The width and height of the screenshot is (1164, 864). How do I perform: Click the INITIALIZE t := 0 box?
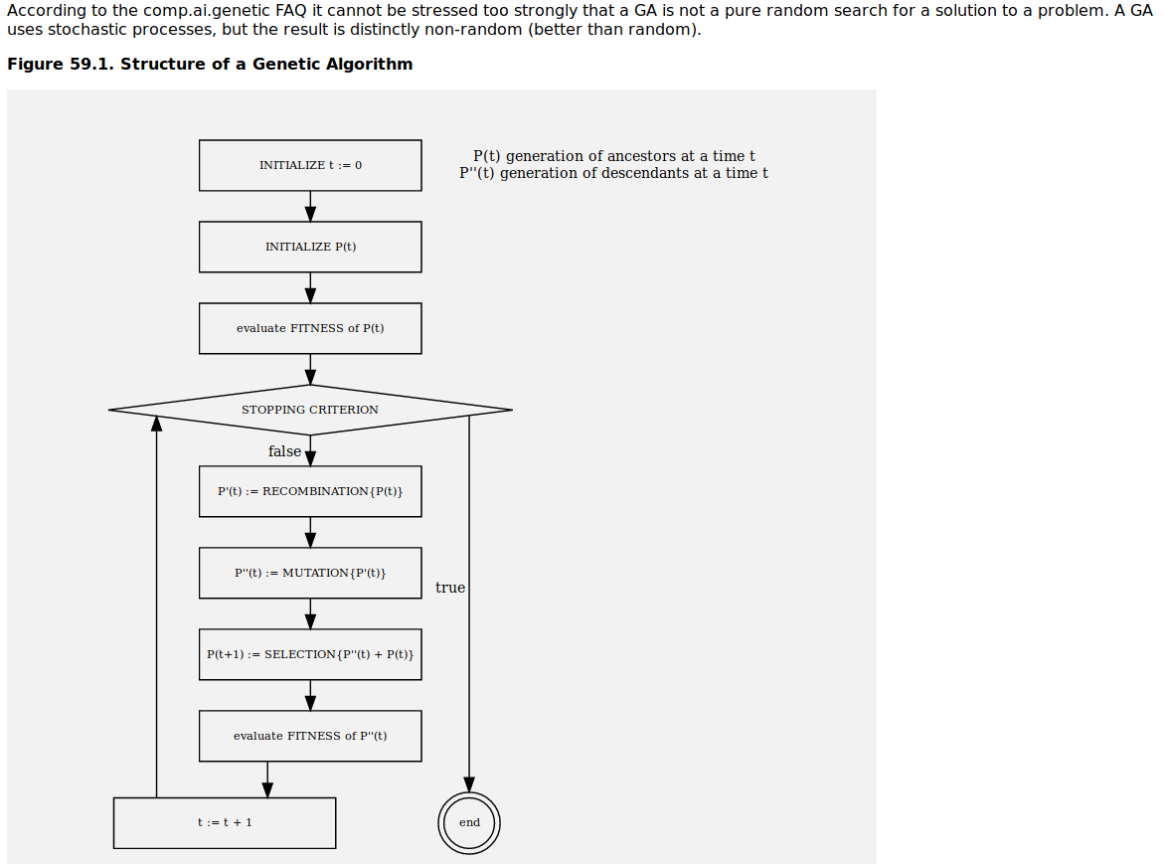[x=310, y=165]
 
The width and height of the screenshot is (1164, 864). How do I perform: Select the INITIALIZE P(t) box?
[x=310, y=247]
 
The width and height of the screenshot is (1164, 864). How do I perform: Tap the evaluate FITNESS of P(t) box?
[x=310, y=328]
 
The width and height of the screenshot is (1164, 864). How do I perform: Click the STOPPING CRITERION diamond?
[x=310, y=410]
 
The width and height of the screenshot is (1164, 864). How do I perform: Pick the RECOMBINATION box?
[x=310, y=491]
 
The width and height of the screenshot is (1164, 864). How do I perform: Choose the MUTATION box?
[x=310, y=573]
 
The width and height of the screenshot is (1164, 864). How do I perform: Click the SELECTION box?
[x=310, y=654]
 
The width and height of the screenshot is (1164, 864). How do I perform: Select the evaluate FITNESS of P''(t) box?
[x=310, y=736]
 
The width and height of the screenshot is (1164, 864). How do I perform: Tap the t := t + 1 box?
[x=225, y=822]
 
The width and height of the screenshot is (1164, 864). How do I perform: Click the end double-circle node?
[x=469, y=822]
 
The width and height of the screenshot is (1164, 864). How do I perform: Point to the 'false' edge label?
[x=284, y=451]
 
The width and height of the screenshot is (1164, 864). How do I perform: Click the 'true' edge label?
[x=450, y=588]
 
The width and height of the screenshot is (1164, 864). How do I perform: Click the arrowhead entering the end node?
[x=469, y=784]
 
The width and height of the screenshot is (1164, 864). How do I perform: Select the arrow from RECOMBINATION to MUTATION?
[x=310, y=532]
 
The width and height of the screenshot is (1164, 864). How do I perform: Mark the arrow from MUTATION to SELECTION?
[x=310, y=613]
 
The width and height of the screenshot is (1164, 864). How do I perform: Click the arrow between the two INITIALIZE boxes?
[x=310, y=206]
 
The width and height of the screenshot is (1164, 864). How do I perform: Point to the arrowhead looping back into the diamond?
[x=156, y=424]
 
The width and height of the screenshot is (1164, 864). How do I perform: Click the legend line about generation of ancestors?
[x=613, y=156]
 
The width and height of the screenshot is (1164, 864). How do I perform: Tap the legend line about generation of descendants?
[x=613, y=173]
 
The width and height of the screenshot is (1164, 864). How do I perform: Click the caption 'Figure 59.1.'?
[x=61, y=65]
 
